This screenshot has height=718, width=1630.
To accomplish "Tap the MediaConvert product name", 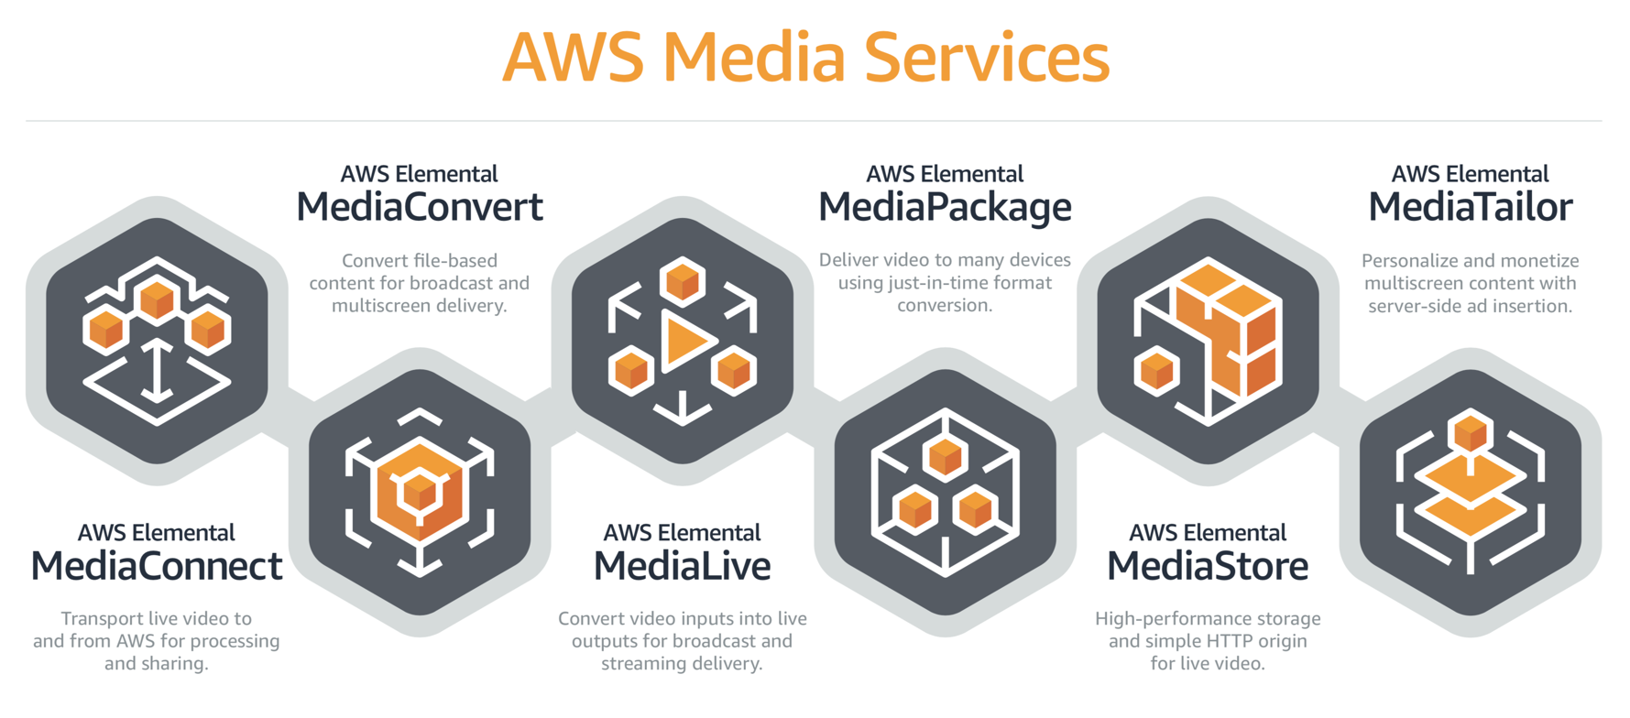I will pyautogui.click(x=420, y=207).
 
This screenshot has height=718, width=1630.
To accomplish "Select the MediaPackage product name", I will pyautogui.click(x=945, y=207).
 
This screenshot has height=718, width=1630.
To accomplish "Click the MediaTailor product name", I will pyautogui.click(x=1470, y=207).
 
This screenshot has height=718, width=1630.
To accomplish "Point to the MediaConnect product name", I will pyautogui.click(x=157, y=566).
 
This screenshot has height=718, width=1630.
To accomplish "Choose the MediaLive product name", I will pyautogui.click(x=682, y=566).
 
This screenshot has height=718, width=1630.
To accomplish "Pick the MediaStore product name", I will pyautogui.click(x=1208, y=566).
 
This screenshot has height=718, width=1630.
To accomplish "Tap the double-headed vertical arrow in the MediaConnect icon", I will pyautogui.click(x=158, y=371).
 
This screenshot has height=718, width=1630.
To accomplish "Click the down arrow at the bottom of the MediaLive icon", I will pyautogui.click(x=683, y=408).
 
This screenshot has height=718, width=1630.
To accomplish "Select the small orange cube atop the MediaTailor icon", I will pyautogui.click(x=1471, y=430).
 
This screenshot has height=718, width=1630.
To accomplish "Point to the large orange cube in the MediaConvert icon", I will pyautogui.click(x=420, y=492).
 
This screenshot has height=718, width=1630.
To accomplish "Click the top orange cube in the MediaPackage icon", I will pyautogui.click(x=945, y=456).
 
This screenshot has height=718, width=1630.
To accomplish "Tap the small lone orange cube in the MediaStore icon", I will pyautogui.click(x=1156, y=371).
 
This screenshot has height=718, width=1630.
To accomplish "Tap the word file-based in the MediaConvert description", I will pyautogui.click(x=455, y=261).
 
